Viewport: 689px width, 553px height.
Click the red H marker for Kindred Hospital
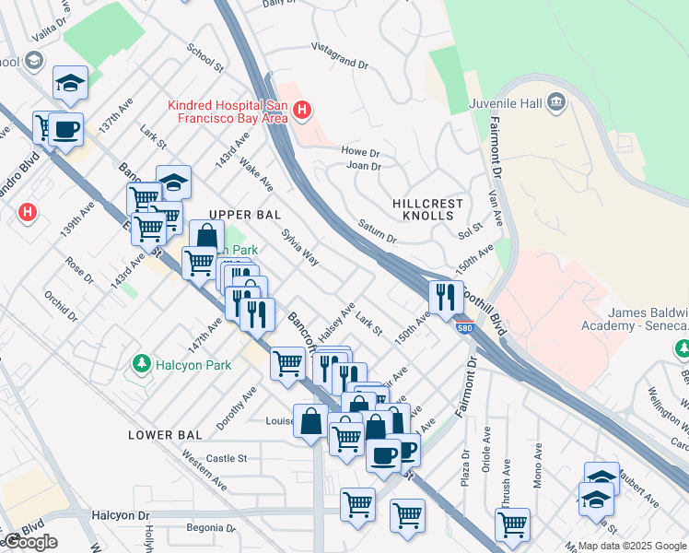301,112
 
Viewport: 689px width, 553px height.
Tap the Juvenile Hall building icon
556,101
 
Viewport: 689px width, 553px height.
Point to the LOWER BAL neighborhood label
164,435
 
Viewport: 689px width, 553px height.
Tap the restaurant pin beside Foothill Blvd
444,297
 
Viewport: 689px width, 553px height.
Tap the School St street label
204,57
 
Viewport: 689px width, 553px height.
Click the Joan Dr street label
364,166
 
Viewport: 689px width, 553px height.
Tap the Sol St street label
471,227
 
